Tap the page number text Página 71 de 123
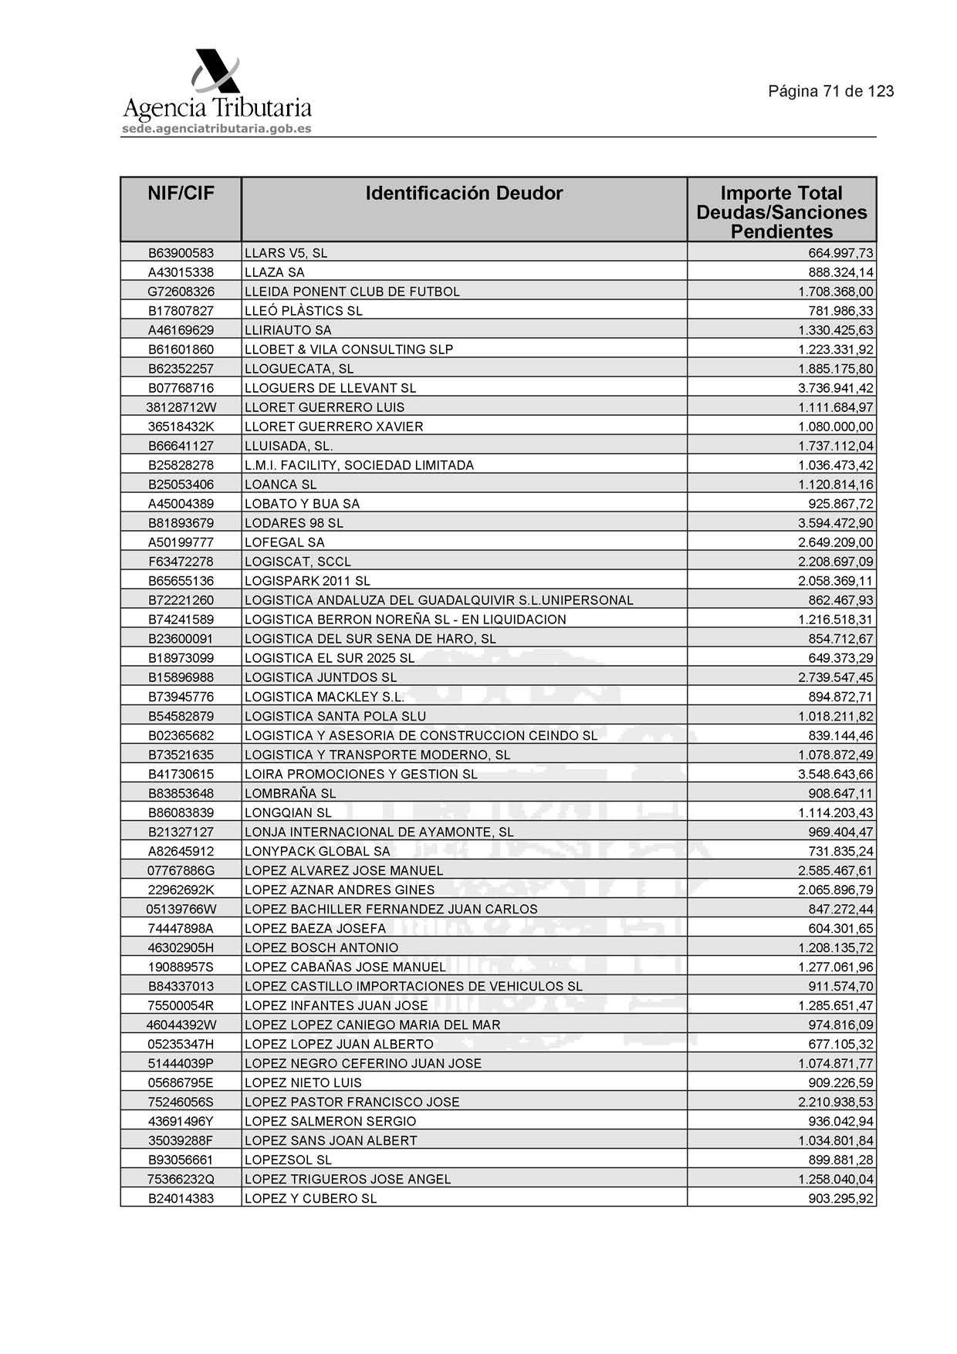coord(830,91)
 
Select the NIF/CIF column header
coord(181,194)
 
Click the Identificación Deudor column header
coord(464,194)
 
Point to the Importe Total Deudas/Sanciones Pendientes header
coord(781,212)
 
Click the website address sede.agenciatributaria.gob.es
coord(216,129)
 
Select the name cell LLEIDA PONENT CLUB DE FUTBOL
coord(352,292)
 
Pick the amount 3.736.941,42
coord(835,388)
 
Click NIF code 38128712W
coord(181,407)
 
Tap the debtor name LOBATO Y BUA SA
coord(302,504)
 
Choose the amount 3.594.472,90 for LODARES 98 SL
coord(835,523)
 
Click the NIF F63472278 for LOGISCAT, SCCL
coord(181,562)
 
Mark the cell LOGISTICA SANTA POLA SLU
coord(335,716)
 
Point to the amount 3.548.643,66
coord(835,774)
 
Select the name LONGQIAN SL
coord(288,812)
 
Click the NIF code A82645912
coord(181,851)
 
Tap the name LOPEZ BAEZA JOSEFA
coord(315,928)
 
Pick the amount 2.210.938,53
coord(835,1102)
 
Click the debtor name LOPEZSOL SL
coord(288,1160)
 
